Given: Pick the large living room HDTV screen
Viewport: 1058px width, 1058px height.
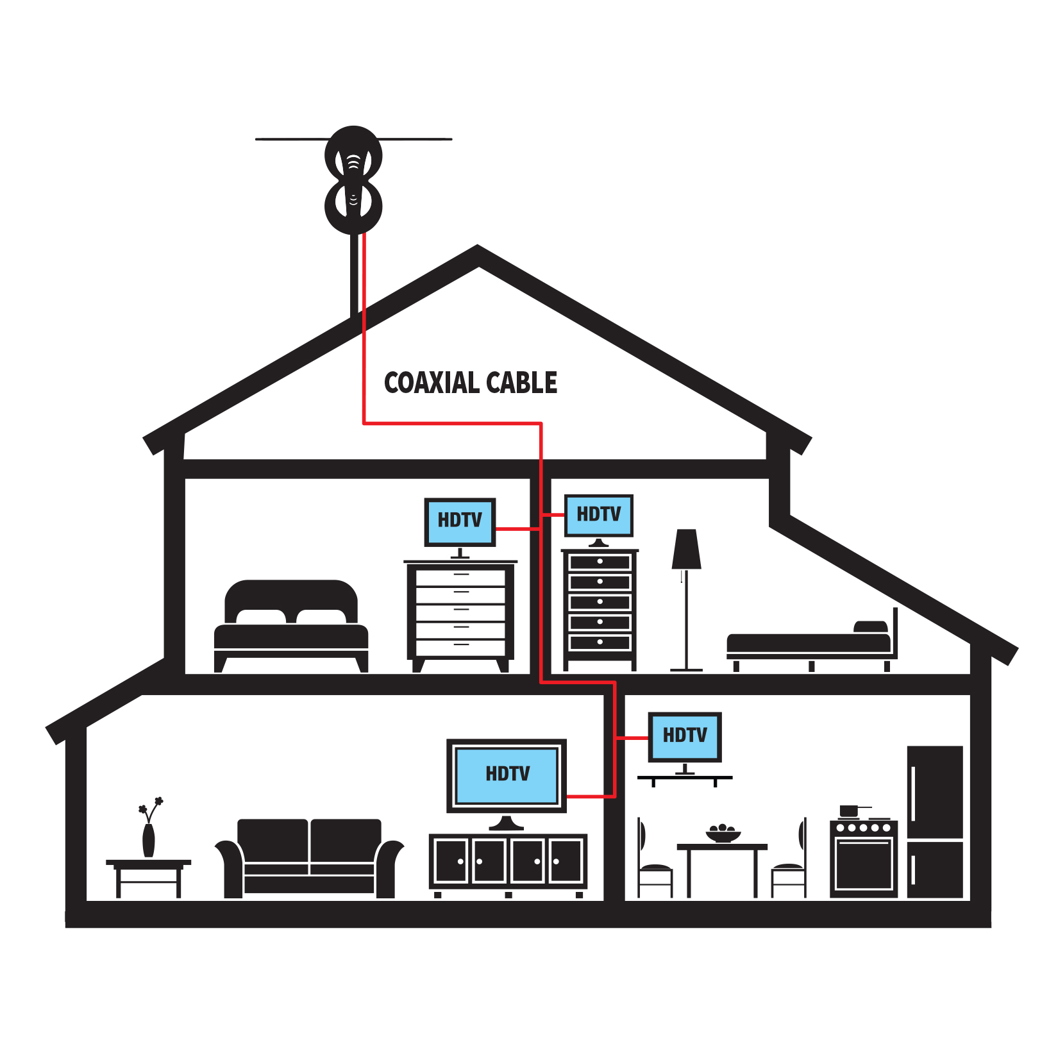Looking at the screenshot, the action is [507, 776].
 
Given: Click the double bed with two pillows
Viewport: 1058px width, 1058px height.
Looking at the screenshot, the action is [291, 626].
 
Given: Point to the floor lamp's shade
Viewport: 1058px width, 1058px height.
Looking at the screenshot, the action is [686, 549].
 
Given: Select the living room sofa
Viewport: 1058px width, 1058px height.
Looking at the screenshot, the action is [309, 858].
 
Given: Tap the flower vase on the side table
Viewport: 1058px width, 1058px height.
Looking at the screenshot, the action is [149, 827].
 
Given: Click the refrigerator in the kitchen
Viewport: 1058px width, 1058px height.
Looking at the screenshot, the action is [935, 821].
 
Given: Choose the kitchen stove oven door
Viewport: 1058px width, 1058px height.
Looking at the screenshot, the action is [864, 864].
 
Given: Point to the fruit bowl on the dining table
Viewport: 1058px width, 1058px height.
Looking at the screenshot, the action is [723, 834].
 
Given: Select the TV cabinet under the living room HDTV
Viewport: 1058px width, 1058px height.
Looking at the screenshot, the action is [508, 864].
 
